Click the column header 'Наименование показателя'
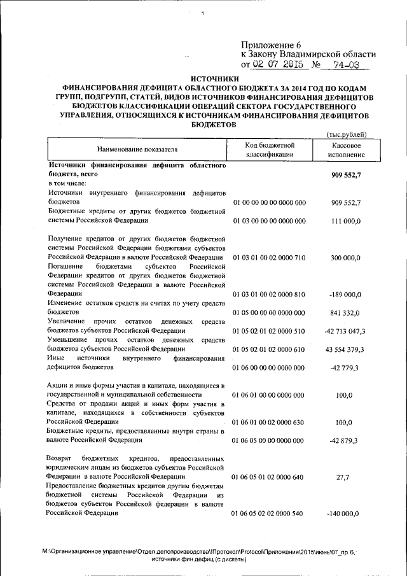point(137,149)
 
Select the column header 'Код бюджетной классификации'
point(269,150)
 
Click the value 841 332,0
point(345,313)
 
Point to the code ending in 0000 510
point(270,331)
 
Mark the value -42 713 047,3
point(344,331)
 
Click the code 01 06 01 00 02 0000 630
point(270,422)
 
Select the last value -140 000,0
point(344,514)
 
